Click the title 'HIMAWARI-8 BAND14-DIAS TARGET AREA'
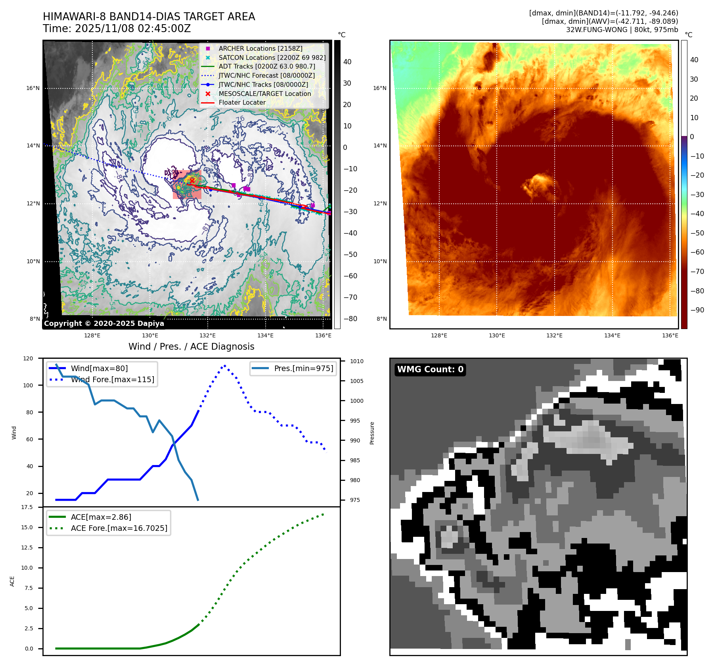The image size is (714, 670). pos(149,17)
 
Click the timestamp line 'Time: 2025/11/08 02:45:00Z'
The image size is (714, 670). pos(117,29)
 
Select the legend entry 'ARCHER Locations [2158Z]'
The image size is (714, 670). pos(260,48)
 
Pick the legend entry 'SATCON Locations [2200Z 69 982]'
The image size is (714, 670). pos(272,57)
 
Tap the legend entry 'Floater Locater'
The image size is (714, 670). pos(242,102)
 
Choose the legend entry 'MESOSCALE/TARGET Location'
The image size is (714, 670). pos(264,94)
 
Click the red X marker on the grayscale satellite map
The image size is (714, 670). pos(192,180)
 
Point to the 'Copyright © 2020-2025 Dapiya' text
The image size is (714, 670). pos(104,324)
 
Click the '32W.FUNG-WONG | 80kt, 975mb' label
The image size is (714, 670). pos(622,30)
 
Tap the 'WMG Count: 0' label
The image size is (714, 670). pos(430,369)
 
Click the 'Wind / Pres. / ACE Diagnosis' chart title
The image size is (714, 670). pos(191,346)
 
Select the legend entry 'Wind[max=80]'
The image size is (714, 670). pos(99,368)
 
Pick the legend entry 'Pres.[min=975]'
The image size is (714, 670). pos(303,368)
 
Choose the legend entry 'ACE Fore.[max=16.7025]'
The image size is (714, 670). pos(119,528)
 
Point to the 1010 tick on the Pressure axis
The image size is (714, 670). pos(356,361)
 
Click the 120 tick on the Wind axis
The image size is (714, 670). pos(28,358)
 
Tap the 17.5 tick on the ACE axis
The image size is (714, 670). pos(27,507)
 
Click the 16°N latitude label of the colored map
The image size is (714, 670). pos(379,88)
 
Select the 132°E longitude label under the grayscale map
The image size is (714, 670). pos(207,335)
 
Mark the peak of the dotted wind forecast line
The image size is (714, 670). pos(225,366)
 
